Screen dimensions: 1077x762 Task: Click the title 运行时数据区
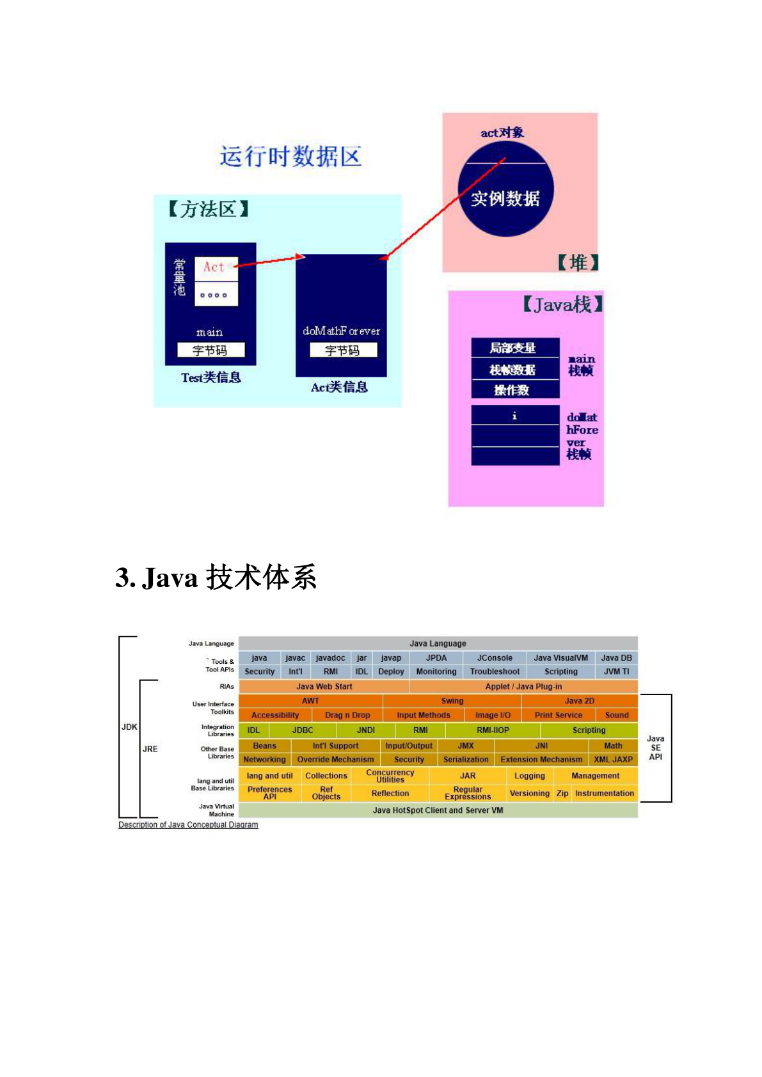click(x=290, y=157)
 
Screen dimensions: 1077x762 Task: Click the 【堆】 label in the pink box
click(x=578, y=262)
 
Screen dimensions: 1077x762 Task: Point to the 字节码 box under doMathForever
click(x=343, y=350)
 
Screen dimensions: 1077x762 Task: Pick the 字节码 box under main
click(x=210, y=350)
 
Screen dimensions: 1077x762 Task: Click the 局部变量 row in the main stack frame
click(x=514, y=348)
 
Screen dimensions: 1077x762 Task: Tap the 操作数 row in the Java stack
click(x=514, y=390)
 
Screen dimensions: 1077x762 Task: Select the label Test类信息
click(x=211, y=377)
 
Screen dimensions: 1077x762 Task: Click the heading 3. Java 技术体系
click(x=216, y=578)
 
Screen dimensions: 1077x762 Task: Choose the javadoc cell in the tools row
click(x=330, y=658)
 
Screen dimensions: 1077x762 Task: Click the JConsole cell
click(x=495, y=658)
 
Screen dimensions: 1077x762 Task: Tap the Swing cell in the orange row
click(x=452, y=701)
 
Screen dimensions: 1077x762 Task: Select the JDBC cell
click(x=303, y=730)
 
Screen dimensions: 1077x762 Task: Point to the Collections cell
click(x=326, y=776)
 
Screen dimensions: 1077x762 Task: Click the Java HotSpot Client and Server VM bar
click(x=438, y=810)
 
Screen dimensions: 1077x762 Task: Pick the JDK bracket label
click(x=129, y=727)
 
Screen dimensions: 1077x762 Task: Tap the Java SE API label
click(x=656, y=748)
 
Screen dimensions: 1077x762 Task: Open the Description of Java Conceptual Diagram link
click(x=188, y=825)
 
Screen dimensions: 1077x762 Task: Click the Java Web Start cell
click(x=324, y=687)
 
